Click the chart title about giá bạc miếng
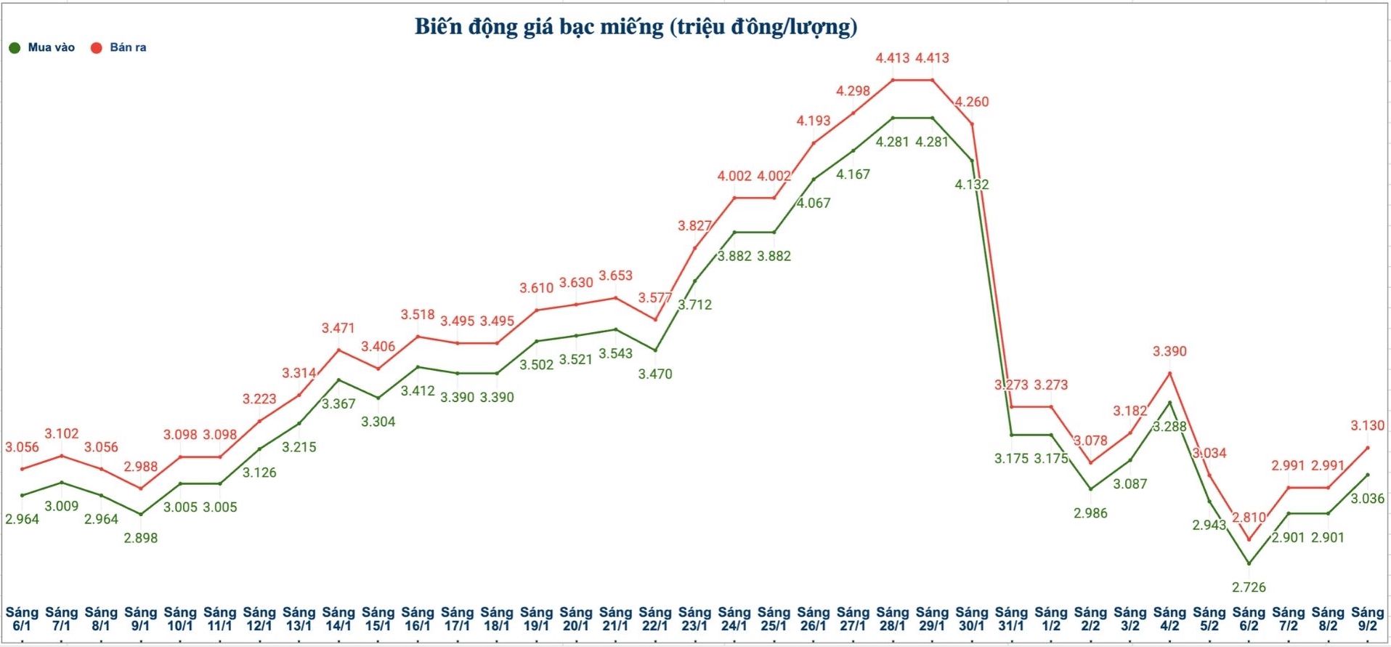point(636,27)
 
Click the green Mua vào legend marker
point(15,48)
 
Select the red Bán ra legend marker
point(96,48)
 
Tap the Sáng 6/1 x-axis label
point(22,619)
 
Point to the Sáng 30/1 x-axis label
point(971,619)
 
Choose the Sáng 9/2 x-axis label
point(1367,619)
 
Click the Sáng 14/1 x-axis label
point(338,619)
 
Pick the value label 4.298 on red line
point(853,91)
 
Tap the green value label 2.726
point(1249,587)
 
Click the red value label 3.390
point(1169,351)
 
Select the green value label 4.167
point(853,174)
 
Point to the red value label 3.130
point(1367,425)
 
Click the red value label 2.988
point(140,466)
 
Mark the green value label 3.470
point(655,374)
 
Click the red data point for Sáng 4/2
point(1169,373)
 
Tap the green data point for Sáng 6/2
point(1249,563)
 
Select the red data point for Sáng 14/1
point(338,350)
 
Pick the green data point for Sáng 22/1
point(655,350)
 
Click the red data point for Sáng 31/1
point(1011,406)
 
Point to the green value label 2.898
point(140,538)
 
